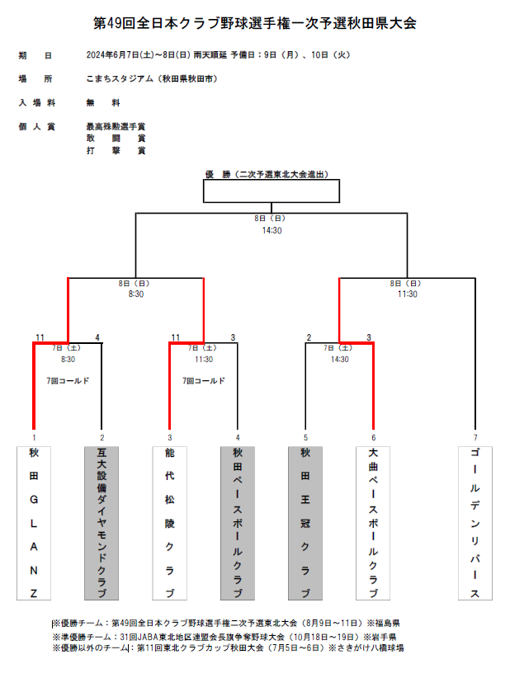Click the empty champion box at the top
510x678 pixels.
(x=272, y=191)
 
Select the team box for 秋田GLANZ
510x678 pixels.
(x=34, y=523)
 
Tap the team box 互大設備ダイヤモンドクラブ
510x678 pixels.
(x=102, y=523)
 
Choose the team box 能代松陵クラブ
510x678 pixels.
(x=169, y=523)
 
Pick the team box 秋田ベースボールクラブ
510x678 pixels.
(x=238, y=523)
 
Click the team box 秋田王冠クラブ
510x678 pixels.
(x=305, y=523)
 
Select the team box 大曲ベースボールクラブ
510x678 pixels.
(x=373, y=523)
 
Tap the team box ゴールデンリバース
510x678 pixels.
(x=475, y=523)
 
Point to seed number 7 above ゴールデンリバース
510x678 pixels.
(x=475, y=438)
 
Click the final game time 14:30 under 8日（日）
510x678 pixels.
(x=272, y=230)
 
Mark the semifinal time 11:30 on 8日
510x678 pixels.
(x=408, y=294)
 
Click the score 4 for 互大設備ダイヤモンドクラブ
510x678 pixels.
(x=97, y=337)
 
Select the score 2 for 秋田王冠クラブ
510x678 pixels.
(x=309, y=337)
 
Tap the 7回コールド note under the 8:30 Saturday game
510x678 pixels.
(x=68, y=381)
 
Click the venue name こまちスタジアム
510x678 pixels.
(x=120, y=78)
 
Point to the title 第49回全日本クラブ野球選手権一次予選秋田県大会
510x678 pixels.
(x=255, y=23)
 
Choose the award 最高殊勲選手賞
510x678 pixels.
(x=116, y=127)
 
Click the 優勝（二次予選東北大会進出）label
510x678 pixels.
(x=267, y=174)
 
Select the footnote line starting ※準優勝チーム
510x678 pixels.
(x=224, y=637)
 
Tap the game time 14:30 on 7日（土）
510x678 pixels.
(x=339, y=360)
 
